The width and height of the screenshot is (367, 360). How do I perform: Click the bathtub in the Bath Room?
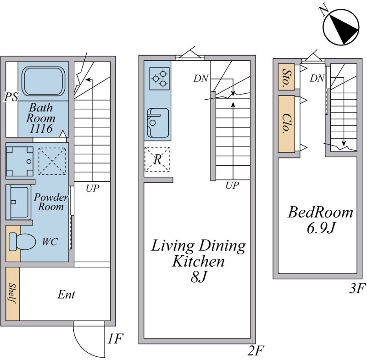(x=43, y=81)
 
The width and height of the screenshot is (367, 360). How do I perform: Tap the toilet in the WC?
(x=22, y=242)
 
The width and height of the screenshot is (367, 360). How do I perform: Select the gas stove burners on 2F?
(x=159, y=79)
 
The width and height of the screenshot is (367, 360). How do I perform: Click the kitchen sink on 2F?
(x=158, y=123)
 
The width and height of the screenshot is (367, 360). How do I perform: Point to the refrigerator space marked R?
(x=157, y=159)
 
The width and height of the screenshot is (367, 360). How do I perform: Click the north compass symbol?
(x=341, y=26)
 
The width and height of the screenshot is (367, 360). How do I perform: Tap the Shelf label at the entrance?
(x=12, y=293)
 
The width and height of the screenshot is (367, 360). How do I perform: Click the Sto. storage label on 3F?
(x=286, y=77)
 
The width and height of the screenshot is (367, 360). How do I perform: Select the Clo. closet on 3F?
(x=286, y=124)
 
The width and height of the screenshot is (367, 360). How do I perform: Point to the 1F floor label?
(x=115, y=338)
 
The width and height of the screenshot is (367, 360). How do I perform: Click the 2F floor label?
(x=256, y=350)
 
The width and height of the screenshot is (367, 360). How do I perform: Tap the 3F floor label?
(x=357, y=288)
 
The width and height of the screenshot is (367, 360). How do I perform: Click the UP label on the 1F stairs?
(x=93, y=188)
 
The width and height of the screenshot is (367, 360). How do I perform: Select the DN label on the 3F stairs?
(x=317, y=78)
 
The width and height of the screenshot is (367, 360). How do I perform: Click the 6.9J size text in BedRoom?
(x=320, y=229)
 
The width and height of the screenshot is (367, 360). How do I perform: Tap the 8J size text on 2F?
(x=199, y=277)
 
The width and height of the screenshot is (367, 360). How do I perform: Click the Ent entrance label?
(x=66, y=294)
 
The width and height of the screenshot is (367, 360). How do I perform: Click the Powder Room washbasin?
(x=18, y=202)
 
